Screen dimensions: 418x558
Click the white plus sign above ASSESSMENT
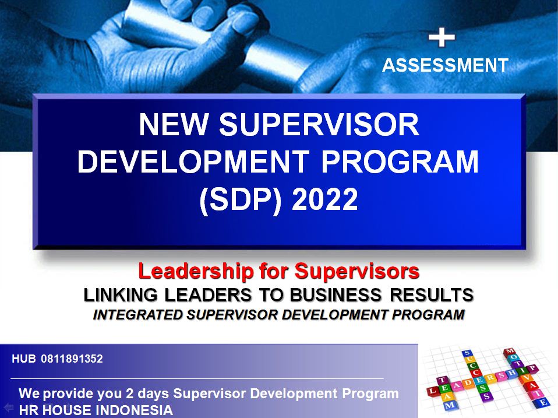point(442,38)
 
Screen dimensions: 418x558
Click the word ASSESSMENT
point(445,65)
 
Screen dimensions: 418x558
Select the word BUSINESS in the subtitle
point(335,294)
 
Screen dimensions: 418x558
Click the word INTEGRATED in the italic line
point(137,315)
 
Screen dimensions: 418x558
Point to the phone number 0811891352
point(72,359)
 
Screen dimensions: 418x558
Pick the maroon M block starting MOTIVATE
point(510,352)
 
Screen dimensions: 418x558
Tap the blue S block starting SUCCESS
point(467,354)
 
